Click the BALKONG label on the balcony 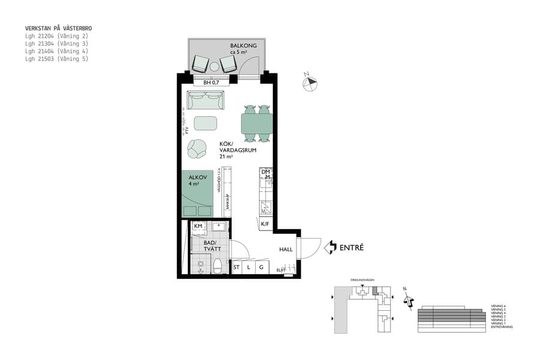coord(243,46)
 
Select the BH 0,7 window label coord(211,82)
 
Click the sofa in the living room coord(205,100)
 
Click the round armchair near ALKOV coord(196,148)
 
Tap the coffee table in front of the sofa coord(205,123)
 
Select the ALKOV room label coord(197,178)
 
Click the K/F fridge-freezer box coord(265,224)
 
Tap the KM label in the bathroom coord(197,226)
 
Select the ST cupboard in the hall coord(236,267)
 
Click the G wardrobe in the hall coord(261,267)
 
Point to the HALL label coord(286,249)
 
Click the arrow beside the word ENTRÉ coord(330,247)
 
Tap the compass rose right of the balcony coord(310,83)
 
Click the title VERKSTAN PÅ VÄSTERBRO coord(58,28)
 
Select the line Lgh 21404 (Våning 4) coord(56,52)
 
